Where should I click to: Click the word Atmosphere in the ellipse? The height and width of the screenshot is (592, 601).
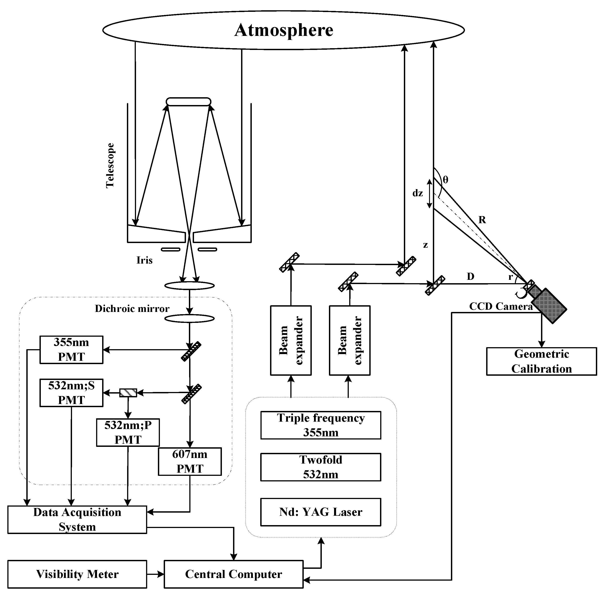[284, 30]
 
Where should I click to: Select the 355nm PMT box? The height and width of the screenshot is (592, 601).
[71, 349]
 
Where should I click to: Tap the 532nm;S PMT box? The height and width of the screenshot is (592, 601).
[71, 393]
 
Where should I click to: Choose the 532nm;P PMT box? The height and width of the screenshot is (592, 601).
[128, 433]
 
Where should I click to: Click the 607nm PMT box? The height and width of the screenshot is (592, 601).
[190, 461]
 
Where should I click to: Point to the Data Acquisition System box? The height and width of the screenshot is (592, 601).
[77, 520]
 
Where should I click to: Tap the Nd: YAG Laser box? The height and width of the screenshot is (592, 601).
[320, 512]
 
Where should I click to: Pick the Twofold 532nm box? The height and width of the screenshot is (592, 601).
[320, 467]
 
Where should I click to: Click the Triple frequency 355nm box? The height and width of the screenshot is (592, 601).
[320, 425]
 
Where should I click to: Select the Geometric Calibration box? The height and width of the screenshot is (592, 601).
[541, 361]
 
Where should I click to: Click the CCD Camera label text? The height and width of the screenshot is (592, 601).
[501, 306]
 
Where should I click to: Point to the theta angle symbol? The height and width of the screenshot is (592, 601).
[445, 179]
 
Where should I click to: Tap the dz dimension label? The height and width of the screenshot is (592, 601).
[417, 193]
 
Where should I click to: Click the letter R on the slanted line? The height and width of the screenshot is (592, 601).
[482, 220]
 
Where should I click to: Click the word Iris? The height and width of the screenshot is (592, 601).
[144, 260]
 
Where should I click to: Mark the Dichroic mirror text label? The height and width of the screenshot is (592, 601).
[132, 308]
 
